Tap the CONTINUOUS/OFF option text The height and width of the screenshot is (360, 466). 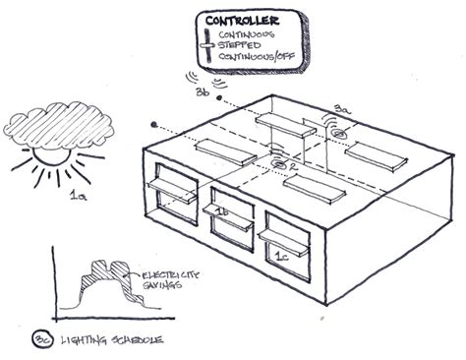click(259, 55)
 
